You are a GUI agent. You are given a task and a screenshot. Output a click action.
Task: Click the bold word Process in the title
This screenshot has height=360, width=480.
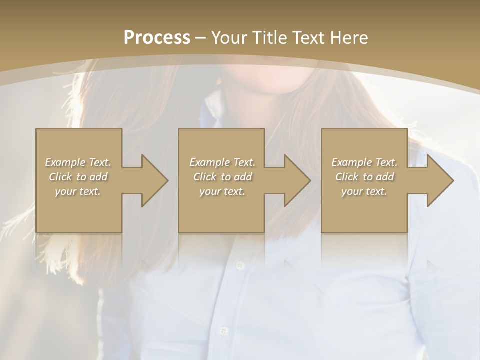point(157,37)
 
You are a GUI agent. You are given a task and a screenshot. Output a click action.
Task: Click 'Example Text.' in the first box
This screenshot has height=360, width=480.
point(78,162)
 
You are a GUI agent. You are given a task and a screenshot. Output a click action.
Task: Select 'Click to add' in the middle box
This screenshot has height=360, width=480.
point(222,177)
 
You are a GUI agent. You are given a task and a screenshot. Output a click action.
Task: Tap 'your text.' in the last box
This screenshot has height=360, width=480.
point(364,191)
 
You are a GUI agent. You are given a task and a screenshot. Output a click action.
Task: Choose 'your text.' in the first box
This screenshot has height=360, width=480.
point(78,191)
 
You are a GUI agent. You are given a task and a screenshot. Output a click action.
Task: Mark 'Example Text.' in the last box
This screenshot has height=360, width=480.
point(364,162)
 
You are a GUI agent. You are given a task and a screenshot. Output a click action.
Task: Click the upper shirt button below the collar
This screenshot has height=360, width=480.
point(239,265)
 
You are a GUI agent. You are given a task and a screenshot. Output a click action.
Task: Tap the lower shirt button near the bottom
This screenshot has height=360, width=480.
point(224,331)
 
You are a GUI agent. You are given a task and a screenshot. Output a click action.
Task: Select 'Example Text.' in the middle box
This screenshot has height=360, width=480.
point(222,162)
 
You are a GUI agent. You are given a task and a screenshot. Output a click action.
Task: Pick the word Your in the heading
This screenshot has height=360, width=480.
point(228,37)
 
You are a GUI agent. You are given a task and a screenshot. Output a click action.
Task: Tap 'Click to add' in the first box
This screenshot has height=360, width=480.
point(78,177)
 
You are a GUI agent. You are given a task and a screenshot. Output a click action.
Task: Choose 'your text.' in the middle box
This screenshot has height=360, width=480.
point(222,191)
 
